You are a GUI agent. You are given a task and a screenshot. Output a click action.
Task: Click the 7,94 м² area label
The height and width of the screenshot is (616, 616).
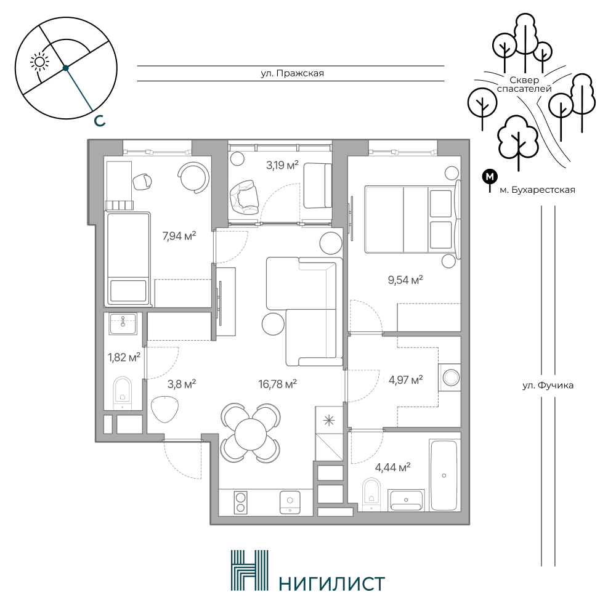point(179,236)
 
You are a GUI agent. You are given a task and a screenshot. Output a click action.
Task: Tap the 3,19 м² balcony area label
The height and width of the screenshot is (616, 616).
point(282,164)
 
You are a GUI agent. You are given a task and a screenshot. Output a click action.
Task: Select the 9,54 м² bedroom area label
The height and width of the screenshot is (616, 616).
point(405,280)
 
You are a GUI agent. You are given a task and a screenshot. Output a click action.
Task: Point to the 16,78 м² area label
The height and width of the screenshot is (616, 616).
point(277,384)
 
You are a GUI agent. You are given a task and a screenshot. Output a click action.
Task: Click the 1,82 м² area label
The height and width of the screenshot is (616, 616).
point(124,357)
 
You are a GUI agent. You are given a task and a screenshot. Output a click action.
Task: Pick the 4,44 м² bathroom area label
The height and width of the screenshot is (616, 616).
point(393,467)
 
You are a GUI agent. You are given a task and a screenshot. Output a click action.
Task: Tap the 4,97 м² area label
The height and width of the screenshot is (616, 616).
point(405,380)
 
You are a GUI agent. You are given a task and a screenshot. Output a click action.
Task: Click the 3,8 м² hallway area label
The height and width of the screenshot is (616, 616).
point(182,384)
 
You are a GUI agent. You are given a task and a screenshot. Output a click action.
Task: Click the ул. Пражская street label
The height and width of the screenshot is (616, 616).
point(292,73)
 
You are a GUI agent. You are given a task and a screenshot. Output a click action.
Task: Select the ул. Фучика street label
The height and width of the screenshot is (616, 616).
point(548,386)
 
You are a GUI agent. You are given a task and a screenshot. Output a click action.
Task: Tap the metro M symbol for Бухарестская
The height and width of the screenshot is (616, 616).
point(490,177)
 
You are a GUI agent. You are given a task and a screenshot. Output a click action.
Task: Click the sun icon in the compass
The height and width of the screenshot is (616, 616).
point(39,62)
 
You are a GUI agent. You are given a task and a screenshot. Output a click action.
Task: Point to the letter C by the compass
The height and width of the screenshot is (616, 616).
point(100,121)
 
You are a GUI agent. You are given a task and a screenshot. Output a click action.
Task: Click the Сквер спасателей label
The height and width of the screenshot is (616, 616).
point(524,84)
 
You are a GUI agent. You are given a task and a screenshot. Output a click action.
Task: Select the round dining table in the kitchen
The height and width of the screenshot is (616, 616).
point(250,432)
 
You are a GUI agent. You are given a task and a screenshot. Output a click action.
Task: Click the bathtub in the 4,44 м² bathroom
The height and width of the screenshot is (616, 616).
point(444,476)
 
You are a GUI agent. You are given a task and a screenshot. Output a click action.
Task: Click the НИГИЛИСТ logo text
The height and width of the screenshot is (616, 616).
point(331,584)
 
